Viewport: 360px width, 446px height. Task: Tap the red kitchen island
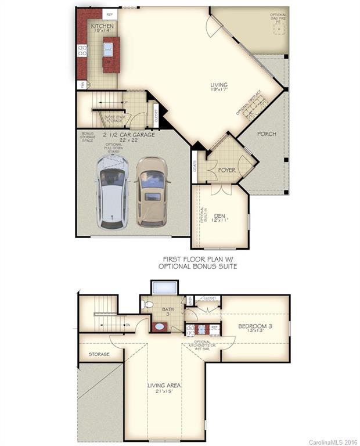coord(111,55)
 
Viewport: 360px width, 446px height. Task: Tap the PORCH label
coord(267,134)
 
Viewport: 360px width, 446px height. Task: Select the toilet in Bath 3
coord(147,304)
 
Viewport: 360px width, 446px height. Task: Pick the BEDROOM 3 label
coord(255,329)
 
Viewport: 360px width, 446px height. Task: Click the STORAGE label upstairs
coord(99,354)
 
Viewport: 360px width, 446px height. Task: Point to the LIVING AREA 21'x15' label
coord(164,387)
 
